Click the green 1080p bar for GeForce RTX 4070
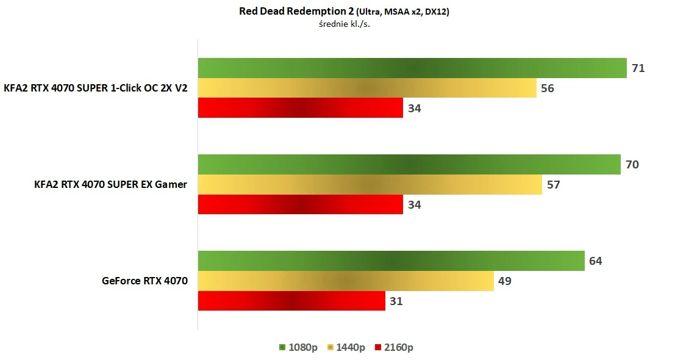click(391, 261)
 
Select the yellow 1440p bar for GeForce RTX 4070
click(346, 281)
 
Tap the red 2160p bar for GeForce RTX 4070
click(291, 301)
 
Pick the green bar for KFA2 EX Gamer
click(409, 165)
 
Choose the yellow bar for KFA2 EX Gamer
click(369, 185)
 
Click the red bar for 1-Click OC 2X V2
click(300, 108)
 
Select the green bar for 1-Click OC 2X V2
click(412, 68)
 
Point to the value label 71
click(638, 68)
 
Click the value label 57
click(553, 184)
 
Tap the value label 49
click(505, 281)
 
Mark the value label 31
click(396, 301)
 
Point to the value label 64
click(596, 261)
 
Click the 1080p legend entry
click(298, 347)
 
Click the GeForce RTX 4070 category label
click(145, 281)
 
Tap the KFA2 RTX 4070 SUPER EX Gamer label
click(110, 184)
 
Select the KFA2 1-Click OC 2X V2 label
click(95, 88)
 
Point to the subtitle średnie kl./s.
click(344, 24)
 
